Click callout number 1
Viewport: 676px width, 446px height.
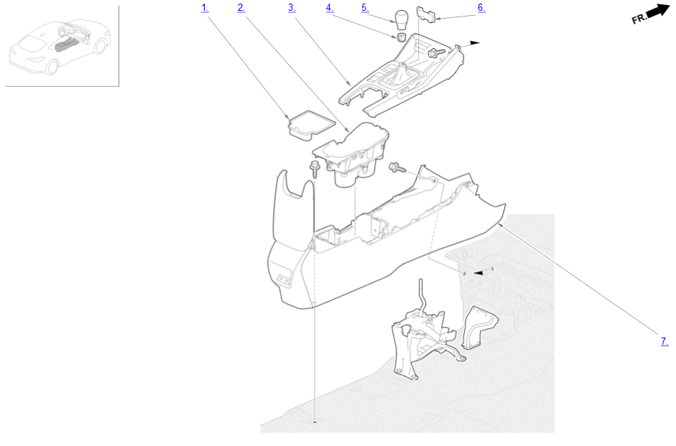click(x=205, y=8)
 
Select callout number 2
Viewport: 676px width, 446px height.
click(x=241, y=8)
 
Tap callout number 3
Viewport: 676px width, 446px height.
click(x=292, y=8)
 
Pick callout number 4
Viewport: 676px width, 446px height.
click(x=330, y=8)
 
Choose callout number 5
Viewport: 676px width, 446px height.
click(x=365, y=8)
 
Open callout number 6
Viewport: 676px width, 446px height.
click(x=481, y=8)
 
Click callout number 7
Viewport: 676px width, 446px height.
click(x=665, y=341)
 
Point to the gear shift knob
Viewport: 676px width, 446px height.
click(x=401, y=18)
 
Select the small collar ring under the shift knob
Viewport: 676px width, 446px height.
click(x=402, y=37)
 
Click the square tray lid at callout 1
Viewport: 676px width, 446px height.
click(x=311, y=125)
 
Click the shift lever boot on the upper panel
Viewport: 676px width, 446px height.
click(x=400, y=76)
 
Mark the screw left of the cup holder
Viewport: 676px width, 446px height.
click(x=315, y=169)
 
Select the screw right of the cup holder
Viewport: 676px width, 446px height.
click(x=397, y=167)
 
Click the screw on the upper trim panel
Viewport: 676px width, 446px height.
click(x=436, y=53)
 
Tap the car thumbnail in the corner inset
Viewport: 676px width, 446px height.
click(x=60, y=46)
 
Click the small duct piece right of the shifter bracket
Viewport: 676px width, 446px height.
click(x=479, y=327)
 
